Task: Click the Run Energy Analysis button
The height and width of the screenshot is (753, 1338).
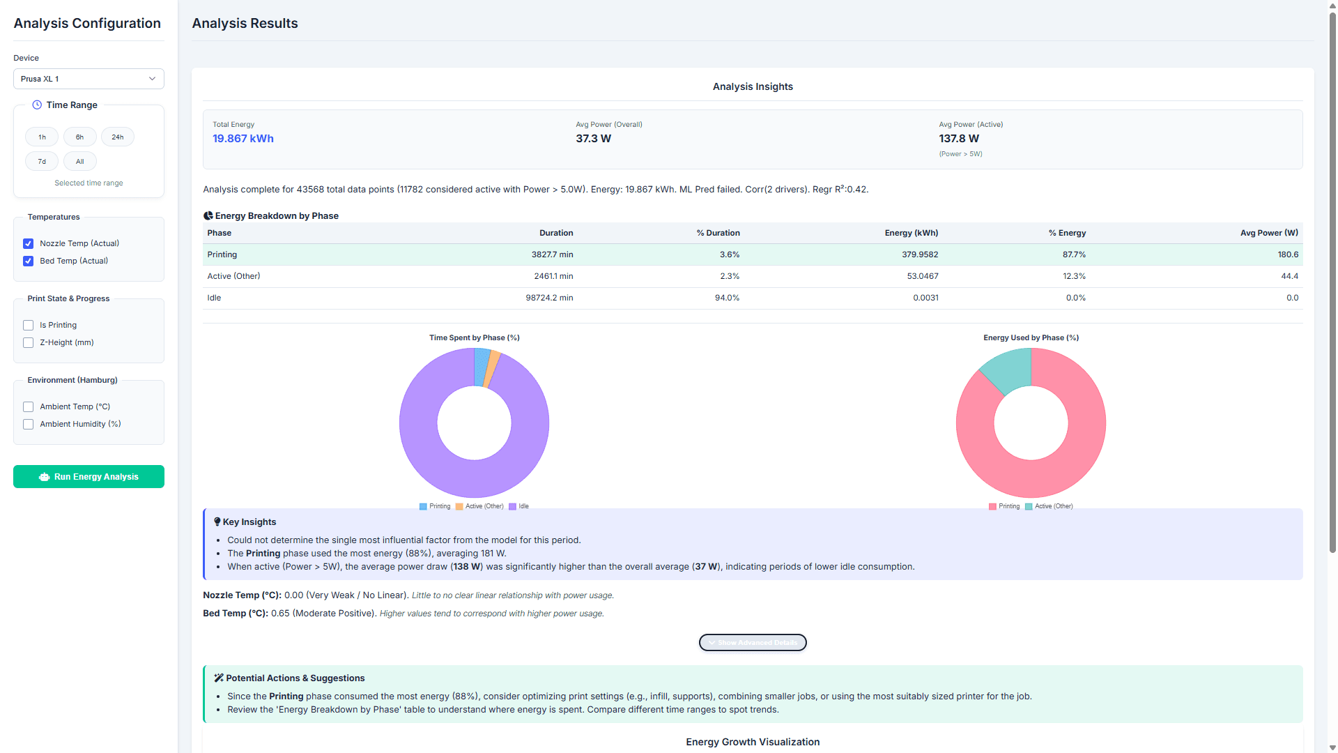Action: tap(89, 477)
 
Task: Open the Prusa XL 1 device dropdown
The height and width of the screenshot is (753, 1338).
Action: tap(89, 79)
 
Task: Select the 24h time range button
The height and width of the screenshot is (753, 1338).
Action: tap(118, 137)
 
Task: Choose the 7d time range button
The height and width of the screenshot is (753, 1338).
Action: tap(42, 162)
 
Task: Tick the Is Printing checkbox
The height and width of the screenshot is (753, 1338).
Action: tap(29, 326)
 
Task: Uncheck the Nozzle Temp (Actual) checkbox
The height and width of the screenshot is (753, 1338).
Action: tap(29, 244)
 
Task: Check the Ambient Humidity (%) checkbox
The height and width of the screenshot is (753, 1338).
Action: tap(29, 425)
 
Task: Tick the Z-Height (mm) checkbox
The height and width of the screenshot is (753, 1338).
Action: tap(29, 343)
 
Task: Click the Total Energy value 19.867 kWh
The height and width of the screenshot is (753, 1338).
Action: tap(243, 139)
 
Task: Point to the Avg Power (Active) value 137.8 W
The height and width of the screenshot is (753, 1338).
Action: tap(958, 139)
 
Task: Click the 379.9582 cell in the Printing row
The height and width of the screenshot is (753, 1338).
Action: tap(919, 254)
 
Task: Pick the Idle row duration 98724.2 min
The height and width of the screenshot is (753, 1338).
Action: tap(549, 298)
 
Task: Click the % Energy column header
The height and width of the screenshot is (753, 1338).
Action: tap(1067, 233)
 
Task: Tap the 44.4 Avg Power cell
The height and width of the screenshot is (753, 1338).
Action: tap(1289, 276)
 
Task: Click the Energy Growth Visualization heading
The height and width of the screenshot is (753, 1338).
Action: tap(753, 742)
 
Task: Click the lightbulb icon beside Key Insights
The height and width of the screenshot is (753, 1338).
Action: tap(217, 522)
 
